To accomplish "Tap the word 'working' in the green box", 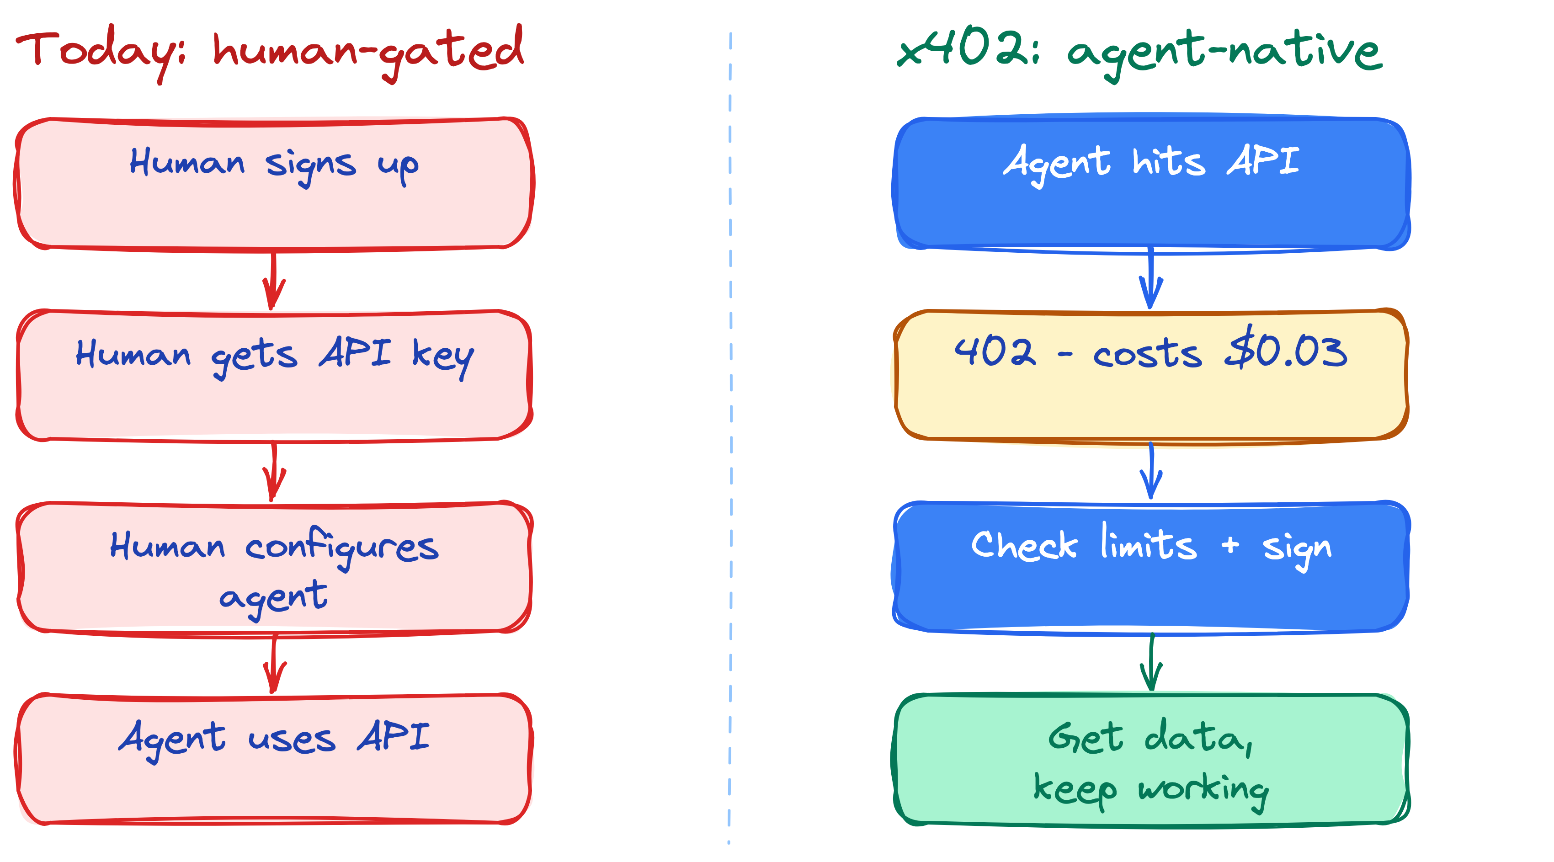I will tap(1203, 790).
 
